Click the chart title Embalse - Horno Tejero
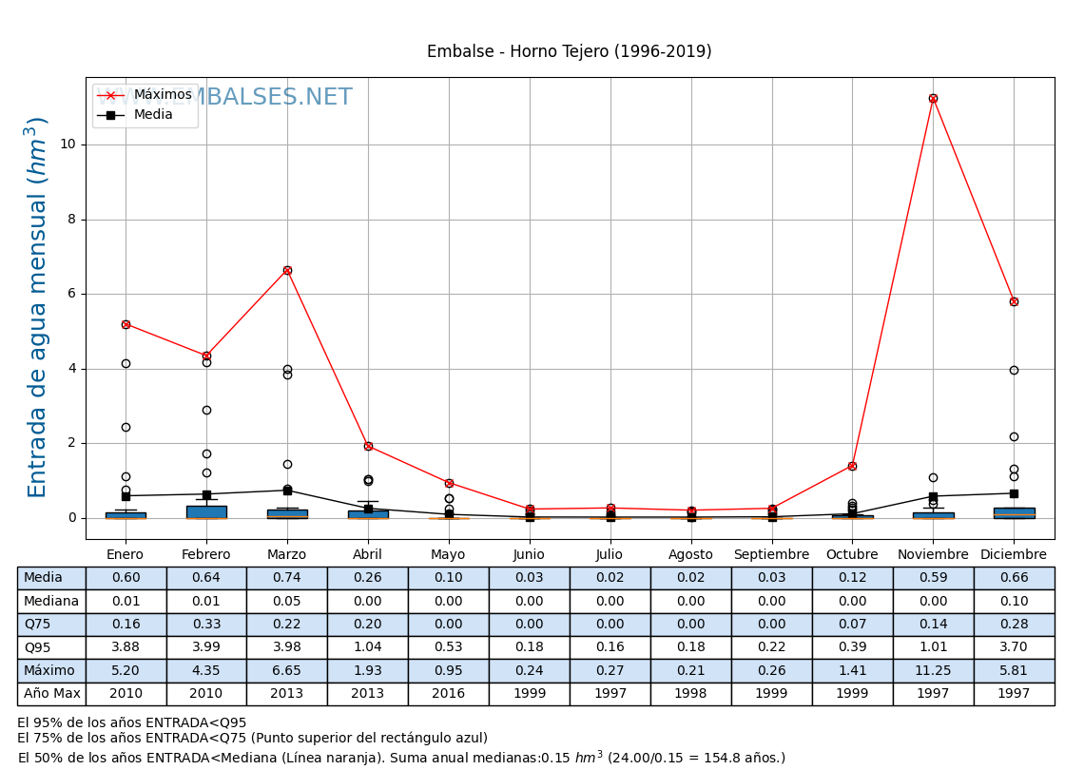569,52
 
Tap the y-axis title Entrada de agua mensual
37,307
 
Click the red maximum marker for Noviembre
933,98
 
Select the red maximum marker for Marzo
287,270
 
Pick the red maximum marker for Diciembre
1014,301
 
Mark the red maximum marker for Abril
368,446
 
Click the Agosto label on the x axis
690,555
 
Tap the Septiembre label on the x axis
771,555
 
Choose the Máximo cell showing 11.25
933,671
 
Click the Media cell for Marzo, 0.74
287,578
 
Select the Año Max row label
51,694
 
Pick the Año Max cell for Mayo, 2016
449,694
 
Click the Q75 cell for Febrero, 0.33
206,625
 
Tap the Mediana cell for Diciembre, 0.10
1014,602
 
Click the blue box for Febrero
206,512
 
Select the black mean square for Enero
126,496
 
